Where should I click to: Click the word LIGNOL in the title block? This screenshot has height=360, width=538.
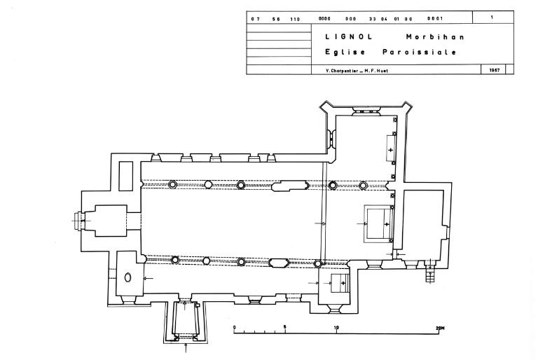coord(349,36)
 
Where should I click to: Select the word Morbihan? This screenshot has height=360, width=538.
coord(435,36)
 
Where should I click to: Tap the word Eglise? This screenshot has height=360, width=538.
coord(345,52)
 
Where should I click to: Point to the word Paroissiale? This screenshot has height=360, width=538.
coord(420,52)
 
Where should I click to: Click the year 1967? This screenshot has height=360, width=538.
coord(495,70)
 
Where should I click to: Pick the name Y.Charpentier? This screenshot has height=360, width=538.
coord(342,71)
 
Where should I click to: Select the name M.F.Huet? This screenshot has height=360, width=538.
coord(376,71)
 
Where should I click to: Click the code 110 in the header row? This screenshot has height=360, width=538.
coord(295,19)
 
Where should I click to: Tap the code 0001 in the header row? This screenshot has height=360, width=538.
coord(435,18)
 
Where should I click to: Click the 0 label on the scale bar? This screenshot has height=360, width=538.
coord(235,327)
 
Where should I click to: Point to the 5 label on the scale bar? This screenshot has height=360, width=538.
coord(285,327)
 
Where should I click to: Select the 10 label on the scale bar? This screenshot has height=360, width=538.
coord(336,327)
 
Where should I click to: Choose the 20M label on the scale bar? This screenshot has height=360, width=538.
coord(440,328)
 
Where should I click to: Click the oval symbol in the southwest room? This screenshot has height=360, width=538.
coord(127,277)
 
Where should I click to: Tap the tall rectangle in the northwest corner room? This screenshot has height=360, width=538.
coord(125,176)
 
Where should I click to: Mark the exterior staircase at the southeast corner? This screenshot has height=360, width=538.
coord(430,271)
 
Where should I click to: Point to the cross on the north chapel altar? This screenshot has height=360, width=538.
coord(390,150)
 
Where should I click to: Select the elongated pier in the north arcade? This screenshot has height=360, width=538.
coord(290,186)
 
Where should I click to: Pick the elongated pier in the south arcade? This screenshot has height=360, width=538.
coord(279,263)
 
